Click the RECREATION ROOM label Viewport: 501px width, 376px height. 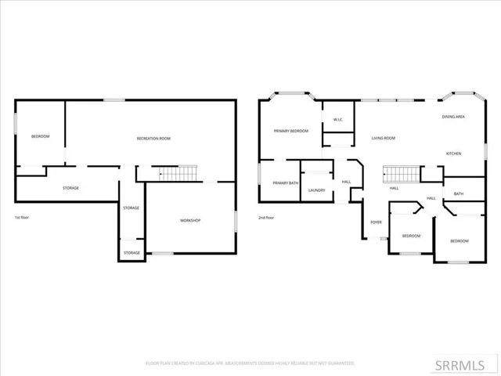[153, 139]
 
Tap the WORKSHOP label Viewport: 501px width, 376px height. [190, 221]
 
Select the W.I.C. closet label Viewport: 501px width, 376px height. [338, 120]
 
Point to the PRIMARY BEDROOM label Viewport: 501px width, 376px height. [290, 132]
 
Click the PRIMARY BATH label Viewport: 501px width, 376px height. [285, 183]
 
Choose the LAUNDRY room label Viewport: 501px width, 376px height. [317, 190]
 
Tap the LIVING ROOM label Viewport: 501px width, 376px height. [383, 139]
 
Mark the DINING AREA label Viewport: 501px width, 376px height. [454, 117]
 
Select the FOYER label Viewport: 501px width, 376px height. [376, 222]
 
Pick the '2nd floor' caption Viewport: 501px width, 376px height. [267, 218]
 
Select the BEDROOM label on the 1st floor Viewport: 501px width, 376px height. [40, 137]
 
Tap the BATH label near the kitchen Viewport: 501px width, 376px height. [458, 194]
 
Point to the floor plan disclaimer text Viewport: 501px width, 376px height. [250, 363]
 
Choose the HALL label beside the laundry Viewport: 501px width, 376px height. [346, 183]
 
